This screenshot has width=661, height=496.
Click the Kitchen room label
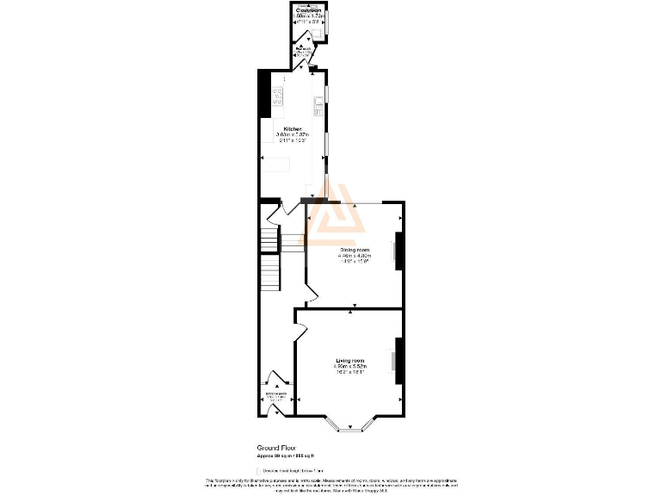[x=293, y=129]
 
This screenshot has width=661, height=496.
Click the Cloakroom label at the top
[x=308, y=10]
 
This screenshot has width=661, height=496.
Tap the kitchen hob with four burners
[x=278, y=97]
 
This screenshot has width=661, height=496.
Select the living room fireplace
[x=397, y=361]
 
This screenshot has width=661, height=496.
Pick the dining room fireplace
[x=397, y=251]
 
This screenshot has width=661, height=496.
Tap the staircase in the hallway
[x=270, y=258]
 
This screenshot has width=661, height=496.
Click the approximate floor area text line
[x=286, y=456]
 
